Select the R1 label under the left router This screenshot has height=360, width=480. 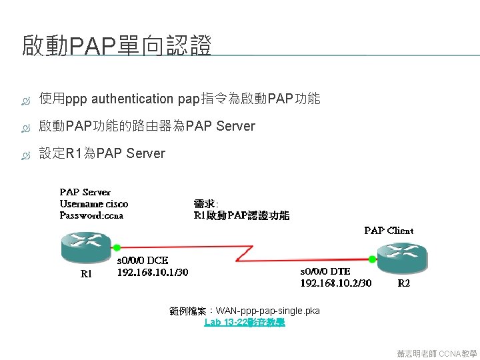point(86,273)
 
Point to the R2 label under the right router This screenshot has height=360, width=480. point(404,283)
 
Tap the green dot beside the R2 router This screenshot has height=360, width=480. point(371,257)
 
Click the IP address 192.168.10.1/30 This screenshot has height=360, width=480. point(153,272)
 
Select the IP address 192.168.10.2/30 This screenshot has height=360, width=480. point(336,283)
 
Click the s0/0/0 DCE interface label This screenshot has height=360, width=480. point(143,261)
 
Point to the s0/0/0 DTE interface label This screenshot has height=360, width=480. point(325,271)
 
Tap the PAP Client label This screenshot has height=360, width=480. point(389,231)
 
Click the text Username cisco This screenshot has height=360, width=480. point(94,204)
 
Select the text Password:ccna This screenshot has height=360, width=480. point(91,215)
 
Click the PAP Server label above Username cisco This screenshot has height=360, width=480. point(85,192)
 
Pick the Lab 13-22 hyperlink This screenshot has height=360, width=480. point(245,322)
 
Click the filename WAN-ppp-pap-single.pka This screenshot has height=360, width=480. point(268,311)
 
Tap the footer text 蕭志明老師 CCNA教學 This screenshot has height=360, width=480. point(437,353)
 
